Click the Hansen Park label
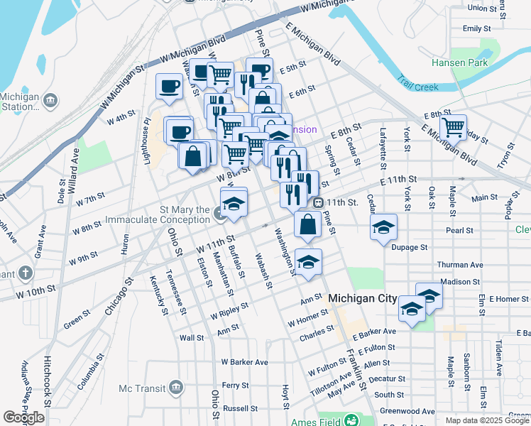[x=459, y=62]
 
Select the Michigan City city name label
[x=362, y=299]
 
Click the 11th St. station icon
[x=319, y=202]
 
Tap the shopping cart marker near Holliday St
[x=452, y=126]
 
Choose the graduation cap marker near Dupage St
[x=383, y=226]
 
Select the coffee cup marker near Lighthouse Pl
[x=170, y=86]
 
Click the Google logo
[x=23, y=417]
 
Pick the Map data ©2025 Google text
[x=487, y=420]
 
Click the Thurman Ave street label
[x=461, y=264]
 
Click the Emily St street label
[x=476, y=28]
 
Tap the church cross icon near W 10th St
[x=25, y=273]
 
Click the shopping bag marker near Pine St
[x=307, y=224]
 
